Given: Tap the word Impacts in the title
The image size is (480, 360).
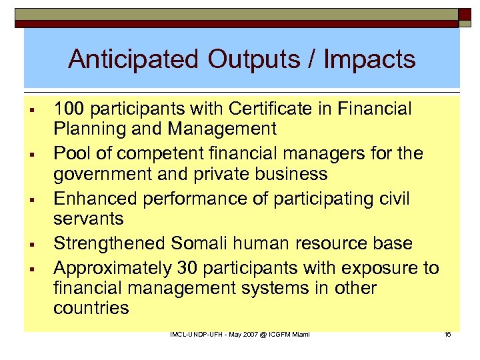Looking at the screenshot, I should (369, 60).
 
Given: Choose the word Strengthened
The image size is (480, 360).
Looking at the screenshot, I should (109, 244).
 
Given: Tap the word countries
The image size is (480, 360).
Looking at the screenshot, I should (91, 309).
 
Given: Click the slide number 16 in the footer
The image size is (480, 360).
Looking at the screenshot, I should (447, 333).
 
